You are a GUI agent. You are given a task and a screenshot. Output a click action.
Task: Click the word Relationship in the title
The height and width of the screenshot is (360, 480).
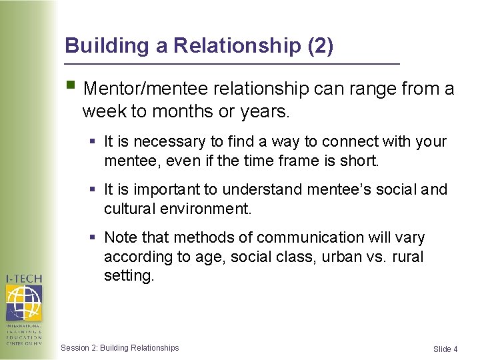coord(237,46)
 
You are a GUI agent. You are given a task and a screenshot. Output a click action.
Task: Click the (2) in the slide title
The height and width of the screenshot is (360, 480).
coord(320,46)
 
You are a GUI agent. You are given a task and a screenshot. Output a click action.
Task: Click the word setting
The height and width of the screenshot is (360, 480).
coord(128,275)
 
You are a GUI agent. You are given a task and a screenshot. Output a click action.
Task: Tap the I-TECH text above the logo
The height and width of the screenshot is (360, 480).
coord(25,277)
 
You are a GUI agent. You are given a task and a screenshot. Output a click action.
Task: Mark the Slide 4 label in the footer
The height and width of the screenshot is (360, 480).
coord(445,349)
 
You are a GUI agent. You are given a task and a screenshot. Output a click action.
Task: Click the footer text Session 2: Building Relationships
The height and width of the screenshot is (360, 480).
coord(120,348)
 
